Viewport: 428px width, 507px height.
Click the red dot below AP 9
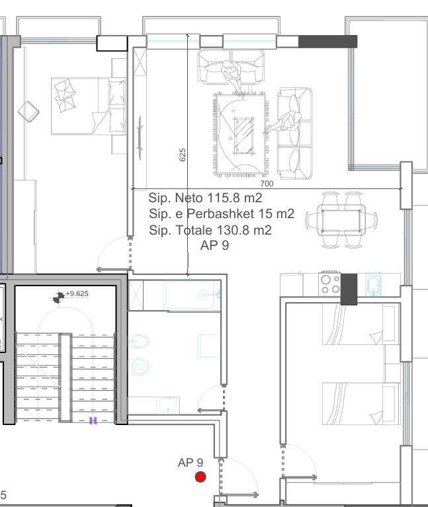(200, 477)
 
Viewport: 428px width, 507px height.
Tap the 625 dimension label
(183, 155)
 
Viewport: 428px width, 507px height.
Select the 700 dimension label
(267, 184)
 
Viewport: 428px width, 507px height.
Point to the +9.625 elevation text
(77, 293)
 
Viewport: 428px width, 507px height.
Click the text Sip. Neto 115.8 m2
(205, 198)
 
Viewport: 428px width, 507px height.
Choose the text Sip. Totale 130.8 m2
(210, 230)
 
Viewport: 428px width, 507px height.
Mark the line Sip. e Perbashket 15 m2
(222, 214)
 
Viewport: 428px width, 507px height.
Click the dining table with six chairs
(341, 220)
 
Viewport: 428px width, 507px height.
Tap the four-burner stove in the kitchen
(330, 284)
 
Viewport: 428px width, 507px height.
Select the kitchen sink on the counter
(374, 285)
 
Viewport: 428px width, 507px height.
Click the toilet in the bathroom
(139, 367)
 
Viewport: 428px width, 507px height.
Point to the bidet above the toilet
(139, 341)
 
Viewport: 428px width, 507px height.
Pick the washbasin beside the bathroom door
(167, 406)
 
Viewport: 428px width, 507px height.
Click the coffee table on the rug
(243, 135)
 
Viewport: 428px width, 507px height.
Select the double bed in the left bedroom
(89, 106)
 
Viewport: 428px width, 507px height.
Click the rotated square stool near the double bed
(28, 112)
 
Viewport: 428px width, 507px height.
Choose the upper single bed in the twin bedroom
(361, 324)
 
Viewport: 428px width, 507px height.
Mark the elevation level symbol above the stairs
(59, 297)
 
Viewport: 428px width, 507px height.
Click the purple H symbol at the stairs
(93, 420)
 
